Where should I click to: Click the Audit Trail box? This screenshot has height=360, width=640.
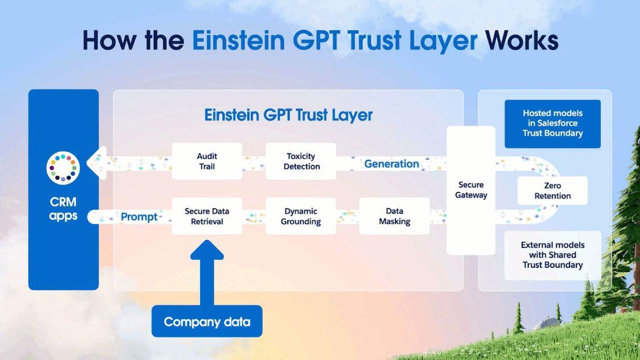click(207, 161)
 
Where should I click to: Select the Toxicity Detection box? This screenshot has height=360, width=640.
click(301, 161)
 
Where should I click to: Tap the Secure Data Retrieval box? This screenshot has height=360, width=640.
click(207, 216)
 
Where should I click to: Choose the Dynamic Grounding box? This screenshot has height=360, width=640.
click(301, 216)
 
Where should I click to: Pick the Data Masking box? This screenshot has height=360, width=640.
click(394, 216)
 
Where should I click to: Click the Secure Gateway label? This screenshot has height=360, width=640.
click(471, 190)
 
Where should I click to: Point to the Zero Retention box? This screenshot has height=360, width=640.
click(552, 191)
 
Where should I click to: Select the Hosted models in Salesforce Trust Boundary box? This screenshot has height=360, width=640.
click(552, 123)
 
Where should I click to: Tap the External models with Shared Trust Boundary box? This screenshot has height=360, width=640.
click(552, 255)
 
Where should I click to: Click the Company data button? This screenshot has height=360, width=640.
click(207, 322)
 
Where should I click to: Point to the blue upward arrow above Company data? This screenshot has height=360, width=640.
click(207, 272)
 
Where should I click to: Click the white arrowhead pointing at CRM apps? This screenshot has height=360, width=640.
click(97, 163)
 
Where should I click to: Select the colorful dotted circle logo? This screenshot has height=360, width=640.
click(63, 168)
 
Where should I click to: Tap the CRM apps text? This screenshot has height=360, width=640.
click(63, 209)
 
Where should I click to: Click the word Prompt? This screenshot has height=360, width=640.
click(139, 217)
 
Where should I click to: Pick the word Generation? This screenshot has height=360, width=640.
click(391, 164)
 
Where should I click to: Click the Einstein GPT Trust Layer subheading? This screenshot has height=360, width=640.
click(288, 115)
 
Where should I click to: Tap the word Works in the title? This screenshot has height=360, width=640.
click(521, 40)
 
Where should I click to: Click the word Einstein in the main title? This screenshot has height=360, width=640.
click(238, 40)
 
